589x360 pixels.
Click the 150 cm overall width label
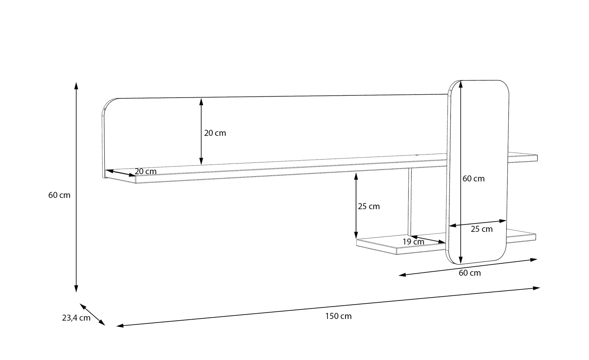(338, 316)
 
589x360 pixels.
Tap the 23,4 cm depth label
(76, 318)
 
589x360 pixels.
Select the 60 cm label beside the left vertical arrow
(59, 195)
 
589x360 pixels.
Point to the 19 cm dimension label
(413, 242)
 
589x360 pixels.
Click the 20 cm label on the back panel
(215, 133)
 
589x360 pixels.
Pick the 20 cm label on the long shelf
(145, 171)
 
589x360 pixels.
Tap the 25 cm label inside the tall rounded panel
(482, 229)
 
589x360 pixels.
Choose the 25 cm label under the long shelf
(369, 206)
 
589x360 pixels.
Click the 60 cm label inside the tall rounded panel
(474, 179)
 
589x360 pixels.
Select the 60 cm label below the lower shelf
(470, 273)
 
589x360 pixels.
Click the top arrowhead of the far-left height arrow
(76, 85)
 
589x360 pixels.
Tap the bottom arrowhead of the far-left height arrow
(76, 289)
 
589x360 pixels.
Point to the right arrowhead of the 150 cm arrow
(537, 288)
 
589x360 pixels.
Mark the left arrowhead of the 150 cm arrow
(120, 326)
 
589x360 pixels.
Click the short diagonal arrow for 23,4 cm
(92, 315)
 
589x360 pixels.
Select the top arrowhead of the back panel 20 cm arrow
(201, 102)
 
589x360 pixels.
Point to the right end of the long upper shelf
(537, 158)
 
